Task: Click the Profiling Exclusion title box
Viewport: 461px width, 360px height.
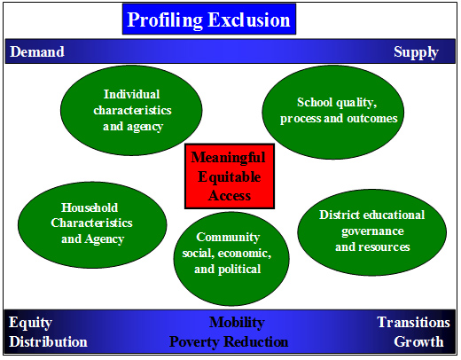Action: coord(209,19)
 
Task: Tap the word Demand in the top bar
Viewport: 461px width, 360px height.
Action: coord(37,51)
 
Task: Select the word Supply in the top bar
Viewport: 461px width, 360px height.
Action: coord(416,52)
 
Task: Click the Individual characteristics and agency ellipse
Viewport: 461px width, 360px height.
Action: coord(131,110)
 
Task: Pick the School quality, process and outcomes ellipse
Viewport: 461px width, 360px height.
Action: coord(333,112)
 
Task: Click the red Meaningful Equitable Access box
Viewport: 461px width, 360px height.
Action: coord(230,176)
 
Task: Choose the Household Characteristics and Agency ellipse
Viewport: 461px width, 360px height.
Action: coord(92,225)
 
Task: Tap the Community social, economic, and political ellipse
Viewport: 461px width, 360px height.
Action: coord(231,259)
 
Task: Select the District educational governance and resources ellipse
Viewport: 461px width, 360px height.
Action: coord(372,232)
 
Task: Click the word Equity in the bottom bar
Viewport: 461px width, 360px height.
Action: coord(30,323)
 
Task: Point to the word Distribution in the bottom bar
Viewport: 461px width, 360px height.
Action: coord(48,341)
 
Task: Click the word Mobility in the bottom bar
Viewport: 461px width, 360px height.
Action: coord(237,323)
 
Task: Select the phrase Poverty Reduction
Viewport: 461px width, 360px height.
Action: coord(229,341)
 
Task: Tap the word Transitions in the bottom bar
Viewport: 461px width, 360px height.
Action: coord(414,322)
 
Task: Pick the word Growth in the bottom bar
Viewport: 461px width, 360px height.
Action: coord(418,341)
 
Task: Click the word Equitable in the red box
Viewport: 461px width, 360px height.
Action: coord(230,177)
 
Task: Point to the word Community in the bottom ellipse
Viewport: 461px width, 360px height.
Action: coord(228,237)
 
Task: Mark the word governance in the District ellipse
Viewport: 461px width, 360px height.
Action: coord(372,231)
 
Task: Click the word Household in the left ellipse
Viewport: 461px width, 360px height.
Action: coord(90,207)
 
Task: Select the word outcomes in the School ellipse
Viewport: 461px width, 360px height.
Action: coord(372,118)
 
